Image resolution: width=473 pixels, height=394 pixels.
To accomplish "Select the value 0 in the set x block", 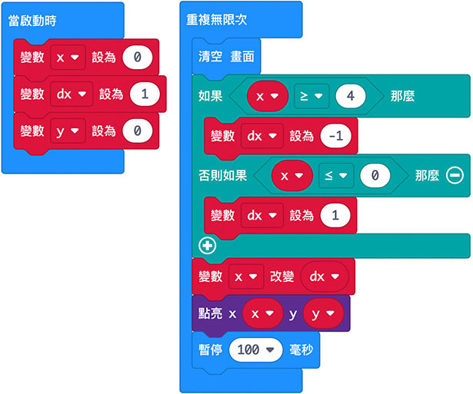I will tap(137, 57).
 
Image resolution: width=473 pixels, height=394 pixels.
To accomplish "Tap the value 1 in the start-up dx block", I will tap(145, 94).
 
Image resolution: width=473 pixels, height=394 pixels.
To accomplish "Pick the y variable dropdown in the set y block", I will tap(67, 131).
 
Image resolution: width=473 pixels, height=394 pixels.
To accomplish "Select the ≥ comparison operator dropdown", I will tap(311, 97).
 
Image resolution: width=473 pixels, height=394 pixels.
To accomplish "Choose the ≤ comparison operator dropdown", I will tap(337, 176).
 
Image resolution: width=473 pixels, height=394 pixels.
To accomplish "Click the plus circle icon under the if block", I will tap(206, 246).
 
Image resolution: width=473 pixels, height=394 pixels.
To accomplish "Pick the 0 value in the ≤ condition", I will tap(375, 176).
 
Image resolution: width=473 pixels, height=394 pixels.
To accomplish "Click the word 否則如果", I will tap(223, 176).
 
